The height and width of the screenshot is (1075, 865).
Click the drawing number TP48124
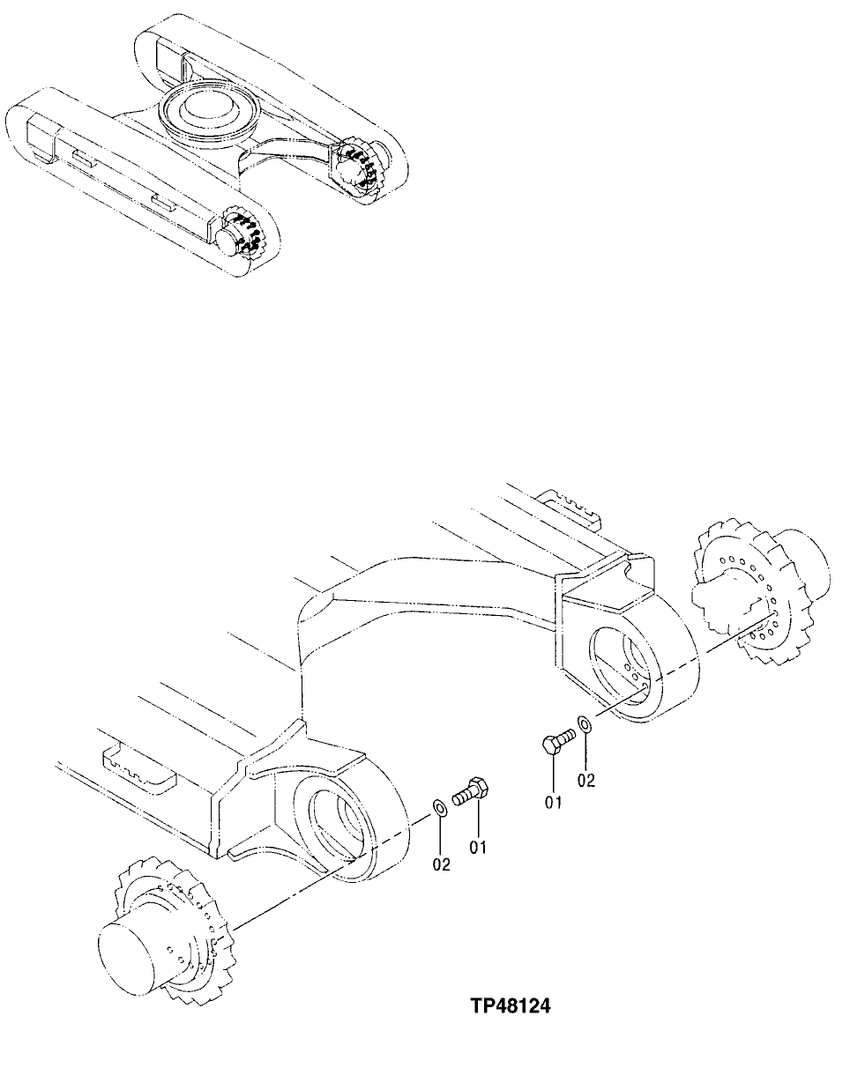coord(510,1005)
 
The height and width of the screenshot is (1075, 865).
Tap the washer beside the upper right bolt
coord(584,726)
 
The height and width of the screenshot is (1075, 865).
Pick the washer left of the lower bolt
coord(438,808)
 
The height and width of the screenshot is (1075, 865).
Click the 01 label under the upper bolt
coord(553,802)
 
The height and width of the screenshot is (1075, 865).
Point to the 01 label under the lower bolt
coord(478,848)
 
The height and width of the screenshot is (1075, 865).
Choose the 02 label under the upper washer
coord(586,780)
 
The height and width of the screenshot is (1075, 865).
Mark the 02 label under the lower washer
coord(441,865)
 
